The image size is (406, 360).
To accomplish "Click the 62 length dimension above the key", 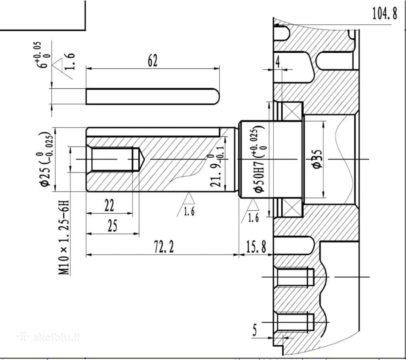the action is tap(152, 61).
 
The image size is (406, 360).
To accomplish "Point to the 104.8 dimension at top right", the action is tap(384, 13).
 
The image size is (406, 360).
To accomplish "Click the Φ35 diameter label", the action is tap(317, 159).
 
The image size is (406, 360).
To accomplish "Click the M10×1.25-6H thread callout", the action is tap(64, 237).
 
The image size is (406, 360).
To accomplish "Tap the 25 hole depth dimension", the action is tap(112, 226).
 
